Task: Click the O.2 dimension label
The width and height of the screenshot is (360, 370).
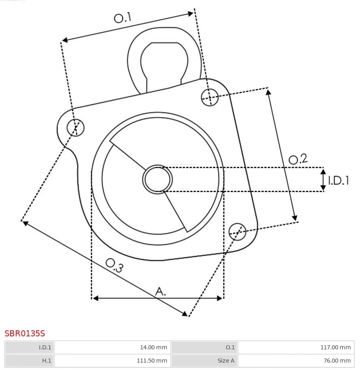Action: point(298,159)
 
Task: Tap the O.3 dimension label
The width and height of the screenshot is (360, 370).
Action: point(114,265)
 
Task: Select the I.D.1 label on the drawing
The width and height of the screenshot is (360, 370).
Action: point(339,180)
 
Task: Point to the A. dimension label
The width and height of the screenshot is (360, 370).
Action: point(160,291)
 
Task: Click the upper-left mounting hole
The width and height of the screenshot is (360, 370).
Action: point(76,128)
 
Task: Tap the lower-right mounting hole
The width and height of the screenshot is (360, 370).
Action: point(237,231)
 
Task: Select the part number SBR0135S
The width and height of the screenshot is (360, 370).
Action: point(25,334)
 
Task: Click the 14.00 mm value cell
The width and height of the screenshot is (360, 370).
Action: point(112,347)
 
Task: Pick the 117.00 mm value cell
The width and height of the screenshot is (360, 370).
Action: point(296,347)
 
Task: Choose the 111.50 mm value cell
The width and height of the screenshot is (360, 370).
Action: point(112,360)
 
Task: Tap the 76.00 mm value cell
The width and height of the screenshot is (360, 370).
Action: point(296,360)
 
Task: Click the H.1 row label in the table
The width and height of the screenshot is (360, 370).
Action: point(29,360)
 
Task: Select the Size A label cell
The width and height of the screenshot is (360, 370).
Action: point(204,360)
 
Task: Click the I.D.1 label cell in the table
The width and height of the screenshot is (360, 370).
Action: point(29,347)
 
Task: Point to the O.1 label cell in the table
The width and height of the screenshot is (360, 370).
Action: point(204,347)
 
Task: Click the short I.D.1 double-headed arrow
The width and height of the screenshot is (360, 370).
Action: point(323,180)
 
